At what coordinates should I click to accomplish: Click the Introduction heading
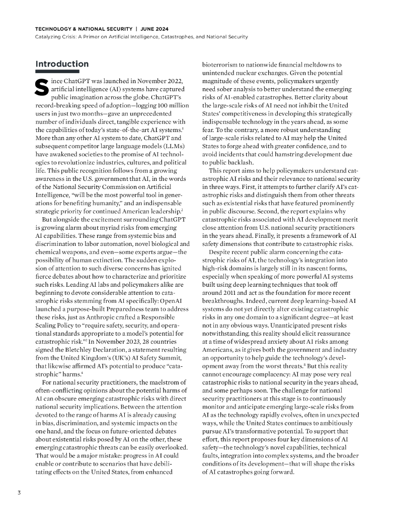point(62,64)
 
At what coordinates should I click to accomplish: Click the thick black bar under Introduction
point(57,72)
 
